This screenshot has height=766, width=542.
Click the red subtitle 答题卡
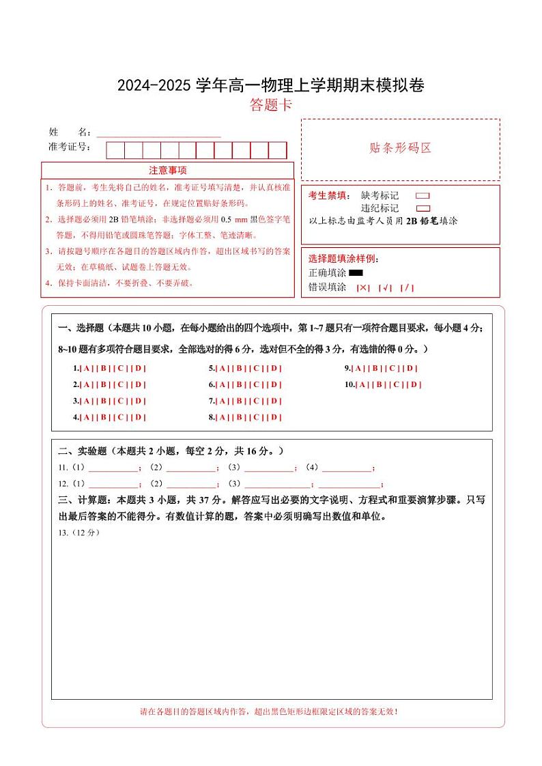click(x=271, y=105)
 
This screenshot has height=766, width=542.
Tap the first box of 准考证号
click(x=115, y=150)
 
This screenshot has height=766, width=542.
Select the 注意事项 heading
click(x=168, y=170)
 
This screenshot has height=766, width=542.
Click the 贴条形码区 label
click(x=400, y=148)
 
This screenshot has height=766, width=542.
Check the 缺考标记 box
click(x=423, y=196)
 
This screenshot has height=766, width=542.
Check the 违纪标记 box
click(x=423, y=208)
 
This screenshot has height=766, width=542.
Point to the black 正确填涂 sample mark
click(x=356, y=273)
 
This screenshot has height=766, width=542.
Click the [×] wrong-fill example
click(x=363, y=287)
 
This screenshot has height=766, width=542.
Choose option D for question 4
click(x=139, y=418)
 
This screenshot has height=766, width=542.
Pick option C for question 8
click(x=257, y=418)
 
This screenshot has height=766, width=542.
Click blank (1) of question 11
click(x=113, y=468)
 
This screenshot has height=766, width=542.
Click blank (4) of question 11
click(x=346, y=468)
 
